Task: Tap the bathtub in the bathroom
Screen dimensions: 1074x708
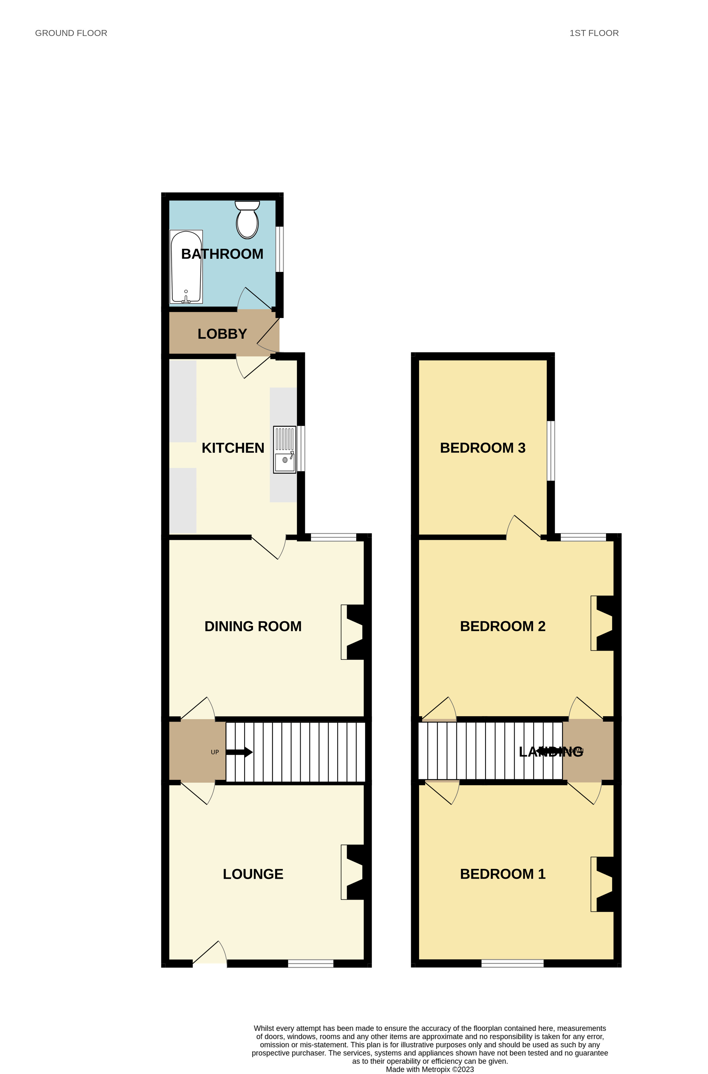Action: click(x=186, y=267)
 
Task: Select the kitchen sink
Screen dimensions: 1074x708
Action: click(x=285, y=450)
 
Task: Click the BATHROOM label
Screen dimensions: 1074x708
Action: click(x=222, y=254)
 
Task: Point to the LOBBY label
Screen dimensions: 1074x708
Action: click(x=222, y=334)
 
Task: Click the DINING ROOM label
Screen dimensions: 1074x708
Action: click(x=253, y=626)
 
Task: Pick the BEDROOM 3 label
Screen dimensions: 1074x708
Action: click(x=483, y=448)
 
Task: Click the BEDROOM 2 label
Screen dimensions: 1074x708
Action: click(x=502, y=626)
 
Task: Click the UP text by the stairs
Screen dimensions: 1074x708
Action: click(x=215, y=752)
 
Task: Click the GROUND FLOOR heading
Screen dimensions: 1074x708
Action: click(x=71, y=33)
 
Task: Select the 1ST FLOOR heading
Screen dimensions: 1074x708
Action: click(x=594, y=33)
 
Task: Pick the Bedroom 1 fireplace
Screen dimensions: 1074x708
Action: click(x=603, y=884)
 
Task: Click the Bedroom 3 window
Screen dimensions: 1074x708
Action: click(x=551, y=451)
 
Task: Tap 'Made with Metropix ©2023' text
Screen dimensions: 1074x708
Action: click(x=430, y=1069)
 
